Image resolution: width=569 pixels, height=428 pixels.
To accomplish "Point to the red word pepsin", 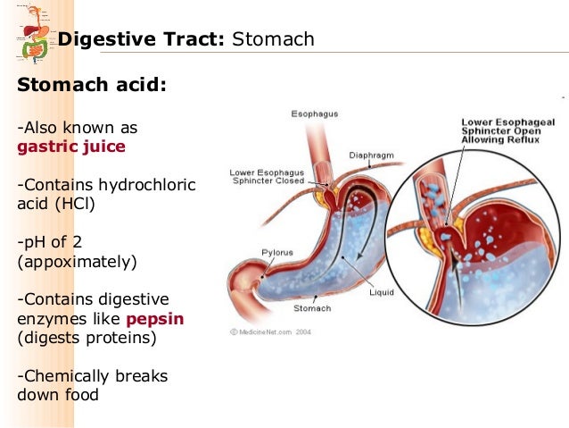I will (x=154, y=318).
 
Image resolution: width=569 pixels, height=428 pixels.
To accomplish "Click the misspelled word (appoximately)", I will (x=77, y=262).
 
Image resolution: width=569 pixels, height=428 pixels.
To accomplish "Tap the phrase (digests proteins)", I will (x=87, y=338).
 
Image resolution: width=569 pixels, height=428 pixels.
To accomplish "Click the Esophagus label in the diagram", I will (x=312, y=113).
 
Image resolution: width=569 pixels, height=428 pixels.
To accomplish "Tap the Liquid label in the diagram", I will (x=381, y=292).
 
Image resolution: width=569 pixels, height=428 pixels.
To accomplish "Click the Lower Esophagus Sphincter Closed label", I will (x=267, y=176).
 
